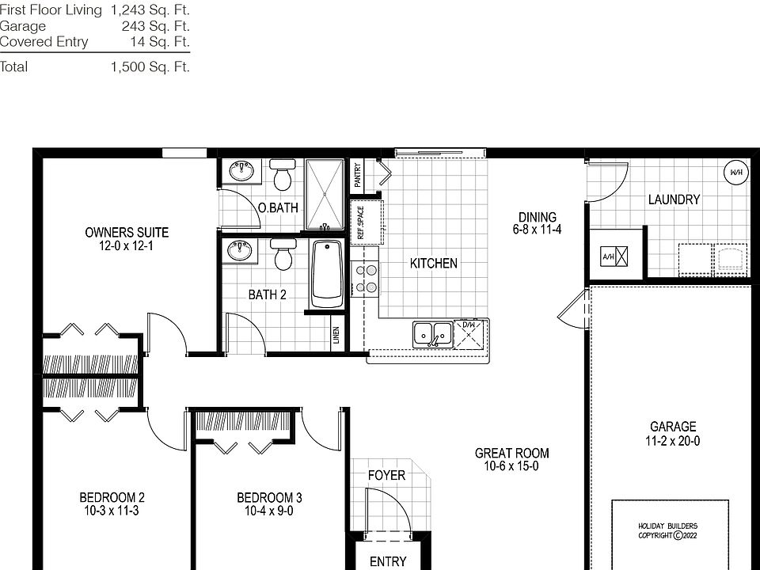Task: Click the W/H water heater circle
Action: (x=736, y=172)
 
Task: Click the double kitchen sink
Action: (x=432, y=333)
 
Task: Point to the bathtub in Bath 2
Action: (x=326, y=274)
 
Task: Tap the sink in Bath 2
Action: (x=240, y=251)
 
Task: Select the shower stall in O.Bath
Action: (x=325, y=194)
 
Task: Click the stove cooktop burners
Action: (x=366, y=278)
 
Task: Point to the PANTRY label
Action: (x=358, y=175)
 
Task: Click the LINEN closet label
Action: (x=336, y=336)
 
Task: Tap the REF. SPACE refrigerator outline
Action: (x=366, y=222)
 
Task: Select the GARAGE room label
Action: (x=673, y=427)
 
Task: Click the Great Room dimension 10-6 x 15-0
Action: (x=511, y=466)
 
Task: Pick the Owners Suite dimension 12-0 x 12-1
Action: (x=127, y=246)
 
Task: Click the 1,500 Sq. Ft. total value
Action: (x=150, y=67)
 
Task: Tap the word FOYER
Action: (x=386, y=475)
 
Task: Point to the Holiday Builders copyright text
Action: (x=668, y=530)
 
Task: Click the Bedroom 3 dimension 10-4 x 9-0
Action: (x=269, y=511)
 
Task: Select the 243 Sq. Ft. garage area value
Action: (x=156, y=26)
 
